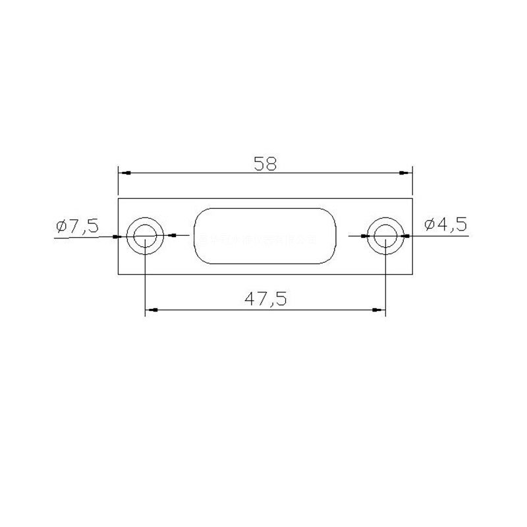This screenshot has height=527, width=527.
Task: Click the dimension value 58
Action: click(265, 163)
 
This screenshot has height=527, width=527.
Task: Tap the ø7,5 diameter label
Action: click(77, 226)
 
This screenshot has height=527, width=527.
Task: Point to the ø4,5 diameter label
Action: click(445, 225)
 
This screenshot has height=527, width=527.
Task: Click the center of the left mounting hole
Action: click(145, 236)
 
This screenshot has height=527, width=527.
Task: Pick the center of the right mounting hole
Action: click(385, 236)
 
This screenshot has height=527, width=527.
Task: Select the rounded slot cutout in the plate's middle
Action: click(264, 236)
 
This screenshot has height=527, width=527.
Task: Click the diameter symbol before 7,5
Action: click(62, 226)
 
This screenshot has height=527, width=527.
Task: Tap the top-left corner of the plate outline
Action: click(118, 198)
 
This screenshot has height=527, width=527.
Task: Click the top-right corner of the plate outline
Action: click(412, 198)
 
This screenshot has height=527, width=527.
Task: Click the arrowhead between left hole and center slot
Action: click(173, 235)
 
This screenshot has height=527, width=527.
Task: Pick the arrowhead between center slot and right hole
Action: click(364, 235)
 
